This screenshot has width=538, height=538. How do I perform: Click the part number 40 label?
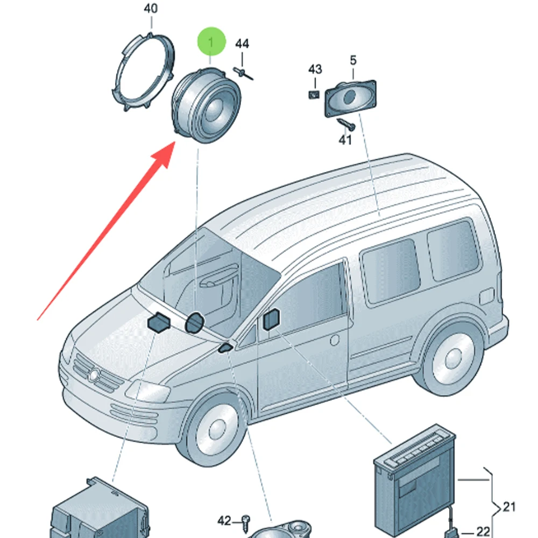151,9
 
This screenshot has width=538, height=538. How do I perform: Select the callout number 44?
242,44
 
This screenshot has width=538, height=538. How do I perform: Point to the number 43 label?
315,69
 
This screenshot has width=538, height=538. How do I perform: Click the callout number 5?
353,60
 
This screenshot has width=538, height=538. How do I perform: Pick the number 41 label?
345,140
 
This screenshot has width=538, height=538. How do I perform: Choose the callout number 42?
224,521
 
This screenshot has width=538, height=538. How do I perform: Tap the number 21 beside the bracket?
509,506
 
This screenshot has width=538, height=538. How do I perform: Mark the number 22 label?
484,532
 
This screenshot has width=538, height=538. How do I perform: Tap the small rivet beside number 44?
243,73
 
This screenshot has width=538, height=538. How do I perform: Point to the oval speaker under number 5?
349,97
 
